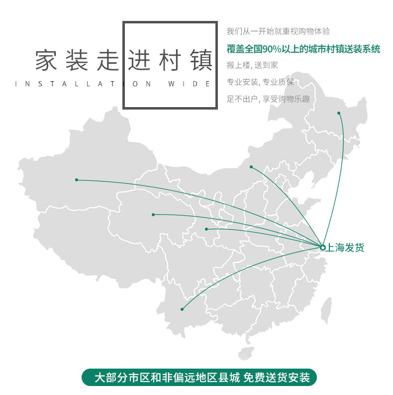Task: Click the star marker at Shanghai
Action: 322,248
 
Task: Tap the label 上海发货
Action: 345,248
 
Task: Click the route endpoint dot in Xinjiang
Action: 77,180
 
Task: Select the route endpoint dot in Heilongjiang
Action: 339,113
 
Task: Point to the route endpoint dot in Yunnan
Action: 182,309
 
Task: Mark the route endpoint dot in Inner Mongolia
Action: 251,167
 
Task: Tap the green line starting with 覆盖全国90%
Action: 303,49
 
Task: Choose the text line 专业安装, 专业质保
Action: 260,82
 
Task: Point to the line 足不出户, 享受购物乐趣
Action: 268,99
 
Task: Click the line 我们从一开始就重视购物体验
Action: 278,31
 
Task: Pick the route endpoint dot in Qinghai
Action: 153,215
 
